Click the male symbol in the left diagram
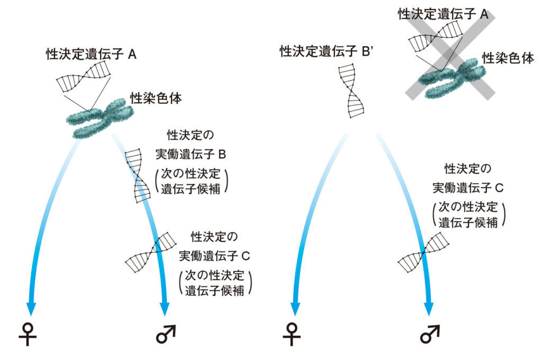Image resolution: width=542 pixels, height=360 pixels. tap(166, 334)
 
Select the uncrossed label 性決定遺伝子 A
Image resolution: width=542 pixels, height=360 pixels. tap(91, 54)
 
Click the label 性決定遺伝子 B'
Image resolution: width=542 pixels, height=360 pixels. tap(324, 51)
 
